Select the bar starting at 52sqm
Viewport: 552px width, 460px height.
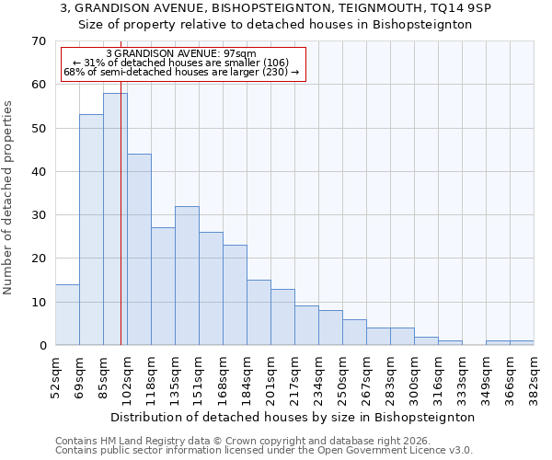click(67, 315)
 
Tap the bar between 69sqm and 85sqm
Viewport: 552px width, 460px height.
click(91, 230)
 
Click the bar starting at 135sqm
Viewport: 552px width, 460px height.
click(187, 275)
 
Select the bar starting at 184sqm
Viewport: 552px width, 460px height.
click(259, 312)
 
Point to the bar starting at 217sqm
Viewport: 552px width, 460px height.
click(306, 325)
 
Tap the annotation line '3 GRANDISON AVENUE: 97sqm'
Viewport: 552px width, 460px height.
click(181, 54)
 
